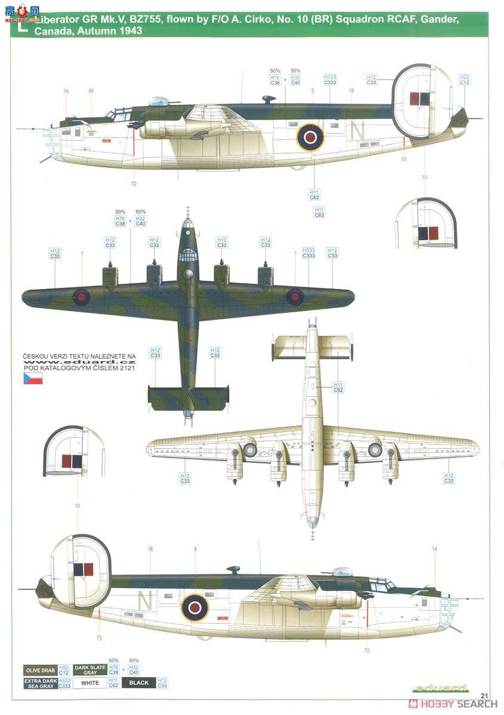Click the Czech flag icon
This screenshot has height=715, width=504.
[x=33, y=378]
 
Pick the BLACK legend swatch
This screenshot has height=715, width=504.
[x=138, y=682]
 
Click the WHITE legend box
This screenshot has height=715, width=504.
[x=90, y=682]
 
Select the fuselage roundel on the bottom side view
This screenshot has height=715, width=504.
[x=194, y=607]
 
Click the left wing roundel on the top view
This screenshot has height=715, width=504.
[x=81, y=296]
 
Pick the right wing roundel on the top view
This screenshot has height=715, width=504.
[x=295, y=296]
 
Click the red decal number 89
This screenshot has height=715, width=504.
[x=91, y=91]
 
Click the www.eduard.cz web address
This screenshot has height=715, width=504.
[x=80, y=361]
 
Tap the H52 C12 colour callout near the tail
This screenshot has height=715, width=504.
[x=464, y=79]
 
